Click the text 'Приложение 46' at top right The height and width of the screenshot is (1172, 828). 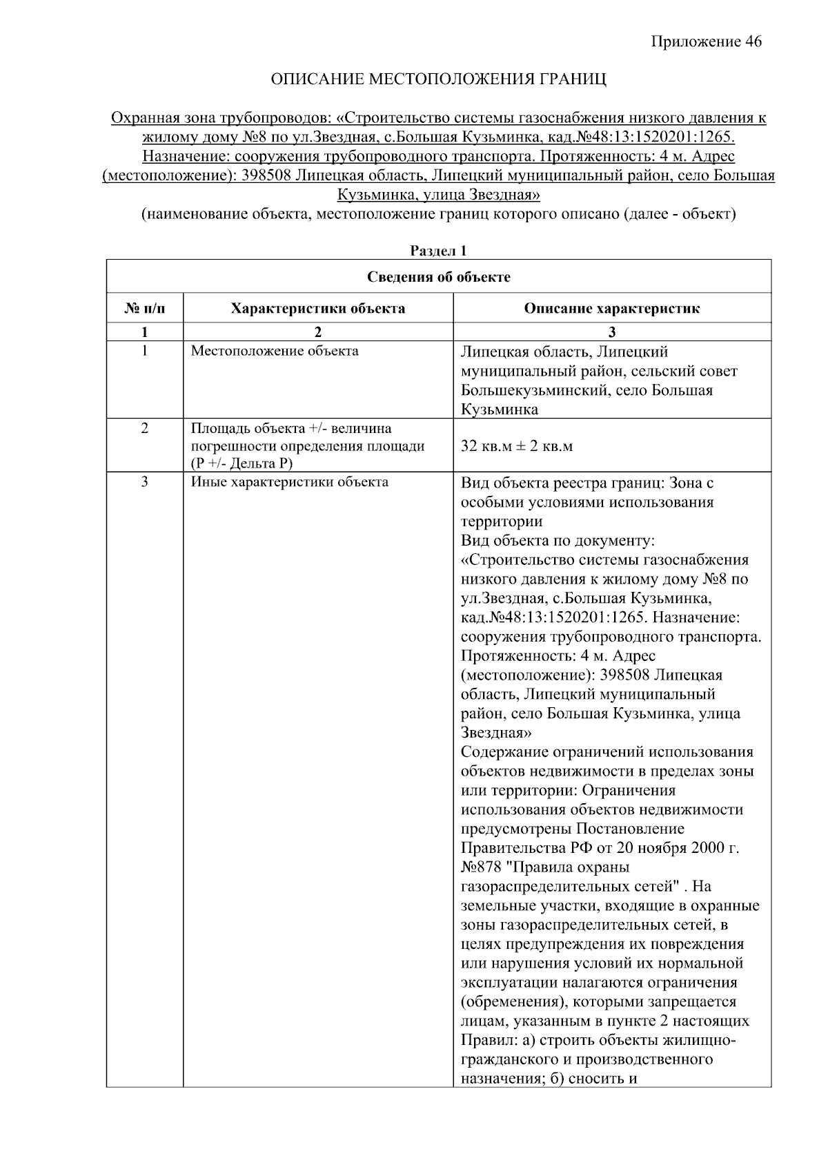(x=707, y=42)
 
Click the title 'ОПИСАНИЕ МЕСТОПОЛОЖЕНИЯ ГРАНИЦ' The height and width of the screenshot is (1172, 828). (x=438, y=79)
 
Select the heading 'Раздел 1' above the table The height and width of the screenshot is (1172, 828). (x=438, y=251)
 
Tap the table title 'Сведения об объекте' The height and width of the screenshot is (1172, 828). (x=438, y=277)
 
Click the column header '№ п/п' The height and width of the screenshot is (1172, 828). (x=144, y=309)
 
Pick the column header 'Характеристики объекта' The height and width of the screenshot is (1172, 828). (x=317, y=309)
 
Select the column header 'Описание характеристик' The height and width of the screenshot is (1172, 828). (x=611, y=309)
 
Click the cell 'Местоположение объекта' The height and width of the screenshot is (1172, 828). (x=275, y=351)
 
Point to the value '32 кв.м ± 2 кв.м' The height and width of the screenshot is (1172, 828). (x=517, y=446)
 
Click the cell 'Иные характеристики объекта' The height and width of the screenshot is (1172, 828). (x=289, y=482)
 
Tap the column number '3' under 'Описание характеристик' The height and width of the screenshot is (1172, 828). (x=611, y=332)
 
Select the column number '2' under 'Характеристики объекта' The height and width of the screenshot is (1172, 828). (x=317, y=332)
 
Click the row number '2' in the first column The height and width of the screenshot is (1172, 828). (x=144, y=428)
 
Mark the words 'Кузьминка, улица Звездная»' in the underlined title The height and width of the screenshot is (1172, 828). (x=438, y=195)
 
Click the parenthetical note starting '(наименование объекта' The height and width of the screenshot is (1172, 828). (x=438, y=214)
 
